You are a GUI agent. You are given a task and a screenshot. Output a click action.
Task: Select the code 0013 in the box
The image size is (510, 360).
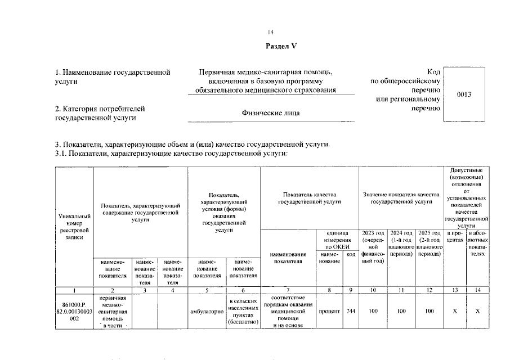(x=464, y=94)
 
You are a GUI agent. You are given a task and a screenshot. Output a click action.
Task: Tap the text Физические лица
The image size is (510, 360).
(x=271, y=113)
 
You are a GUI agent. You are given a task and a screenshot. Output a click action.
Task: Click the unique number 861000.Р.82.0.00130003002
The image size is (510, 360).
(x=73, y=310)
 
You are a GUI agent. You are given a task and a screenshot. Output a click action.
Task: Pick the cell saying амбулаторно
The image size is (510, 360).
(x=207, y=310)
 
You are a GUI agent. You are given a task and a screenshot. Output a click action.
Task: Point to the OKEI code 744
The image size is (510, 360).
(x=351, y=310)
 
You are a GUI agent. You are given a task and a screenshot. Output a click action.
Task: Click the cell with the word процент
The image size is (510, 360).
(x=329, y=310)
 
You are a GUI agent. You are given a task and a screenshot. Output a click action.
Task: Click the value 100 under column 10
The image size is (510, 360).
(x=373, y=310)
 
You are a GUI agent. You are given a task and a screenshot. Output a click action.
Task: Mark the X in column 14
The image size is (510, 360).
(x=477, y=310)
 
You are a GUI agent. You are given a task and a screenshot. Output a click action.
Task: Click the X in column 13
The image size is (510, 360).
(x=454, y=310)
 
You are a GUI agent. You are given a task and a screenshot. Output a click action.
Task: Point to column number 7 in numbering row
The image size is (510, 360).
(x=288, y=290)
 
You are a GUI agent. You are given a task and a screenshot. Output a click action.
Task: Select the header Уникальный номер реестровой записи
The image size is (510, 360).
(x=73, y=227)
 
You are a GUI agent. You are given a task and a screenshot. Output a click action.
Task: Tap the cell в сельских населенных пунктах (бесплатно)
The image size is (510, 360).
(x=243, y=310)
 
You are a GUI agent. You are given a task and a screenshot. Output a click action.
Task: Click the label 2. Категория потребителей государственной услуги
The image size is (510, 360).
(x=100, y=112)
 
